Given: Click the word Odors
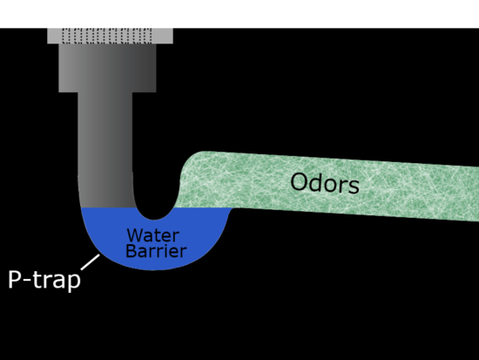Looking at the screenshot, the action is coord(325,183).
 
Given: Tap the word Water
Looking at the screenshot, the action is coord(153,235).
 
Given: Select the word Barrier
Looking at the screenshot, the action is coord(156,251).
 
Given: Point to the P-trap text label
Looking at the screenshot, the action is coord(44,280).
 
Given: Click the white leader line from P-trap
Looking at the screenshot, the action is coord(90,262).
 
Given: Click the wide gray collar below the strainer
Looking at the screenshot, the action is coord(107,68).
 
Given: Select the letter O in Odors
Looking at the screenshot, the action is coord(300,181).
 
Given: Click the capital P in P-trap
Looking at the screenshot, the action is coord(15,279).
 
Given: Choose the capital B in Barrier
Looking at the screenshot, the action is coord(132,250).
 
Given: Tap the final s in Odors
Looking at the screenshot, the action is coord(354,187).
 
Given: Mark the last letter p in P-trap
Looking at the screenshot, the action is coord(74,282).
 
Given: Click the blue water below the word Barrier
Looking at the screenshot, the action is coord(152,263).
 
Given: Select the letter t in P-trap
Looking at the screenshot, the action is coord(37,279).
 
